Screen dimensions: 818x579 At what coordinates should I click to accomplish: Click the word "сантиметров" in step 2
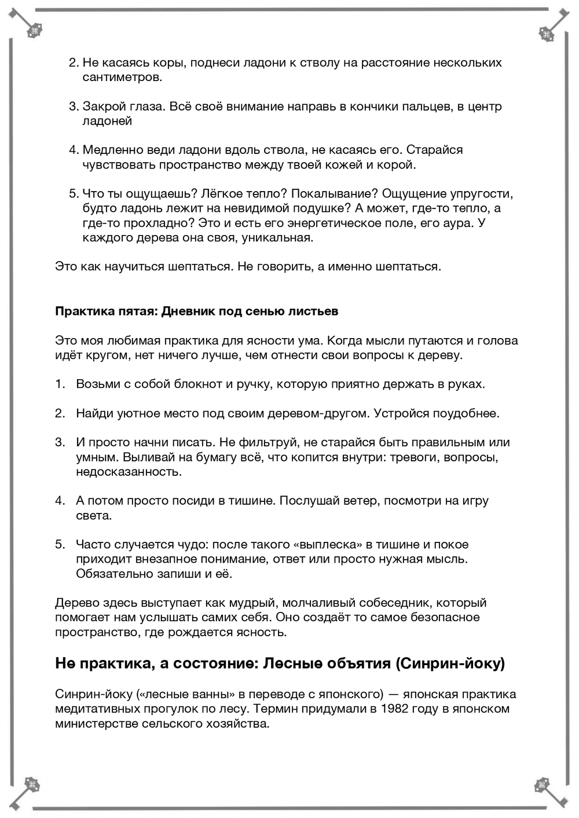(122, 78)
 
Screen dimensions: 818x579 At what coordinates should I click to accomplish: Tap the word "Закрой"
(103, 107)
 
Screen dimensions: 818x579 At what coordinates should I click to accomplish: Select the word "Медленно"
(111, 150)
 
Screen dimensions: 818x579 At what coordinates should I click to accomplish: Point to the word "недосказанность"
(129, 472)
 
